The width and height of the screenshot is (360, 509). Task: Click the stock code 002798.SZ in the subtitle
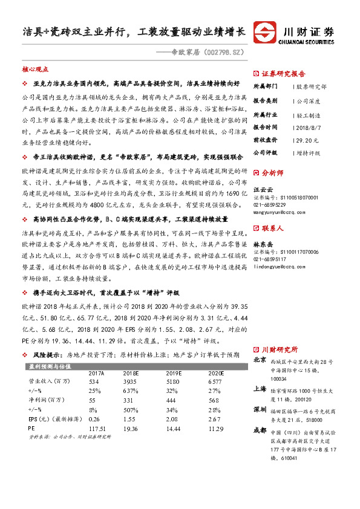point(220,54)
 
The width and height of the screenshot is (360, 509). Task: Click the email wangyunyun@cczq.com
point(280,213)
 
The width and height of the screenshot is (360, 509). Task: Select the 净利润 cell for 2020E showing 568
point(215,400)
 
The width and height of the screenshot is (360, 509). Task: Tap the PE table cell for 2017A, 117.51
point(98,427)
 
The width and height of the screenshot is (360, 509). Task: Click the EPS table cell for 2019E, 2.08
point(174,418)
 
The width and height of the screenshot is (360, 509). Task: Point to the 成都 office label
point(260,430)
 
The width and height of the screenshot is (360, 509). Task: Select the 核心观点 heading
point(34,70)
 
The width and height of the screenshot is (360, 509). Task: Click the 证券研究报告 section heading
point(284,74)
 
